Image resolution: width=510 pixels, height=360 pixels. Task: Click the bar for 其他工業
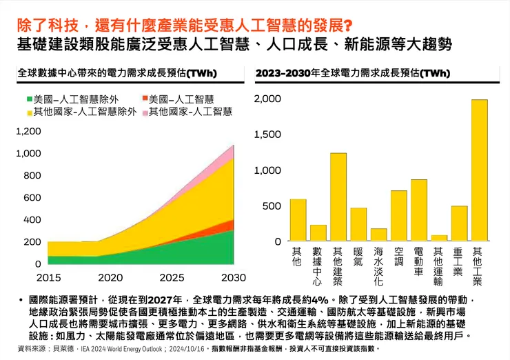pyautogui.click(x=479, y=170)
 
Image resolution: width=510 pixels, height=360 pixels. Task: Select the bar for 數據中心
pyautogui.click(x=318, y=233)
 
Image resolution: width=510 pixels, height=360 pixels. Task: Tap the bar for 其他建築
pyautogui.click(x=338, y=197)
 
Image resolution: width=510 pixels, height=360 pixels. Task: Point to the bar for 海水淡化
pyautogui.click(x=378, y=235)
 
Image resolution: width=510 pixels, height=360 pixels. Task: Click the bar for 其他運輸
pyautogui.click(x=439, y=238)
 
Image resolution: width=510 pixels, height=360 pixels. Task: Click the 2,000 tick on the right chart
pyautogui.click(x=267, y=99)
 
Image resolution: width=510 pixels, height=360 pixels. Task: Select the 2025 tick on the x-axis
pyautogui.click(x=172, y=277)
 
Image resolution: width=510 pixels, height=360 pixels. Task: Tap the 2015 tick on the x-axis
pyautogui.click(x=48, y=277)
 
